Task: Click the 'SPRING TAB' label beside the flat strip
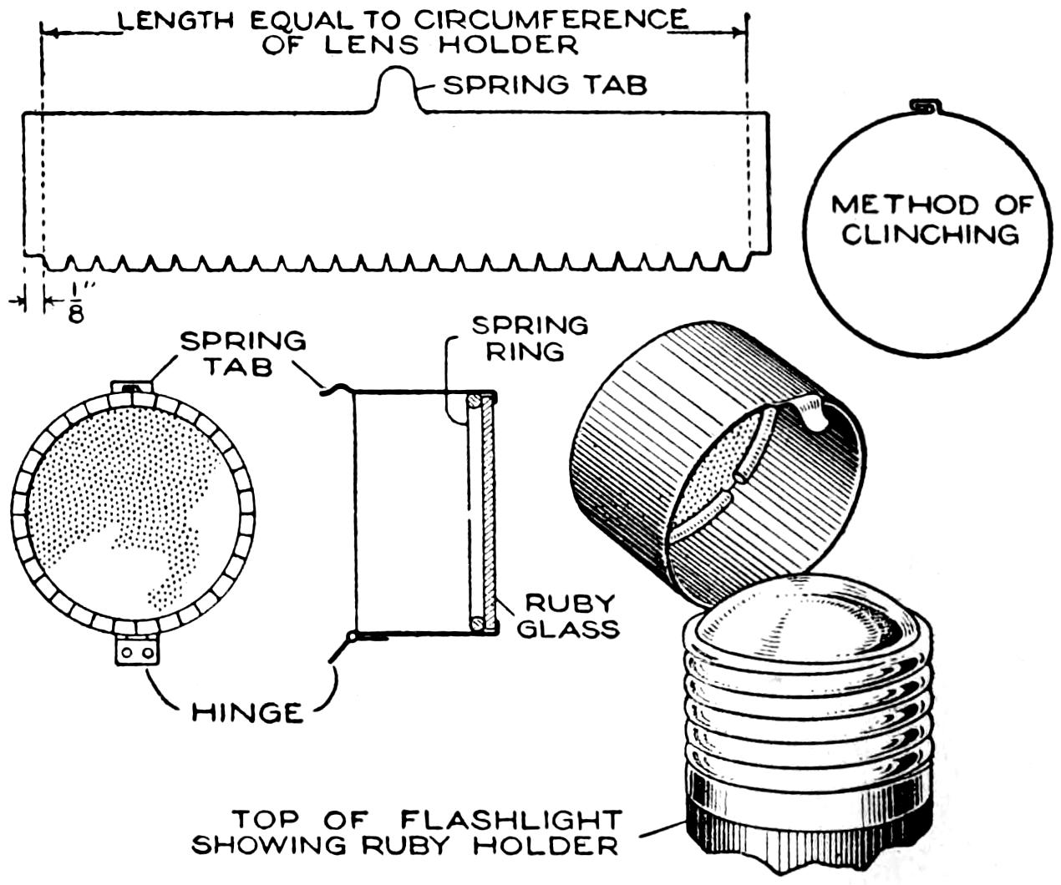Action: [x=545, y=84]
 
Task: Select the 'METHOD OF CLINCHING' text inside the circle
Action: [x=931, y=219]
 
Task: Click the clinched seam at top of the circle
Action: [x=924, y=106]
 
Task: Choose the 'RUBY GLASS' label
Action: [x=569, y=615]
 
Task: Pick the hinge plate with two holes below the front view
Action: [x=137, y=650]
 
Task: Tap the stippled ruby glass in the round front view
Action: [x=125, y=493]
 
